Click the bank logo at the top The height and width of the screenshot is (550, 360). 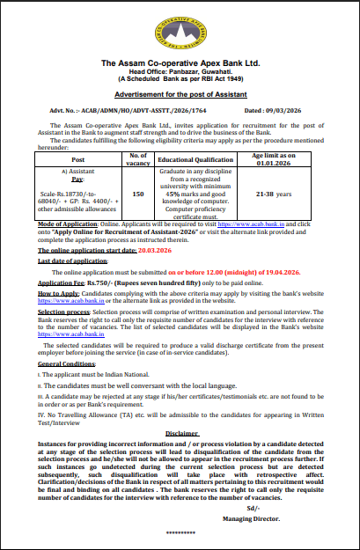point(180,34)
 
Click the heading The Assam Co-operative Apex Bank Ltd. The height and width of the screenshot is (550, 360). point(180,63)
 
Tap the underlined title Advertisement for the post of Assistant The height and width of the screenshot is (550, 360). point(180,95)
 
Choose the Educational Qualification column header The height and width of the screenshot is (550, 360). point(194,158)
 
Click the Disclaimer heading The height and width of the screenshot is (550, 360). point(181,433)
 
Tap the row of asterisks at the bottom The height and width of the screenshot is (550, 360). point(180,535)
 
